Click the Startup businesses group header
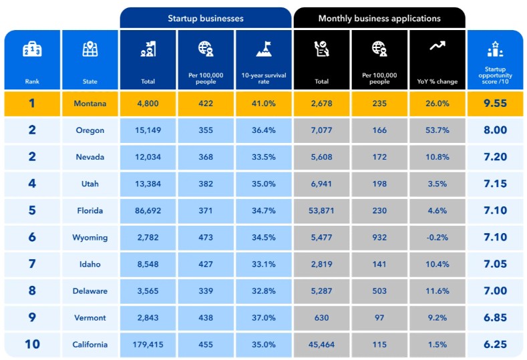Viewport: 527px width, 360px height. point(206,18)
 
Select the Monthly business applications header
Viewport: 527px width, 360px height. point(379,18)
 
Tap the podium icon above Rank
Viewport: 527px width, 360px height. point(32,49)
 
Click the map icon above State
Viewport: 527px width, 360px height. point(90,49)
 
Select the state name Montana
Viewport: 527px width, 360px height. point(90,104)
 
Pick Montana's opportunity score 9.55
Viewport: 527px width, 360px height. point(495,104)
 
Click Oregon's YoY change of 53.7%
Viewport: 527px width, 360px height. point(437,130)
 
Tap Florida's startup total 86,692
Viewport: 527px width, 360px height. point(148,210)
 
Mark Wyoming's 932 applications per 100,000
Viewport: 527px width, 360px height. point(379,237)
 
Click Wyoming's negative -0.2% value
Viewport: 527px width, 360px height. point(437,237)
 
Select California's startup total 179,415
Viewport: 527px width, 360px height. point(148,345)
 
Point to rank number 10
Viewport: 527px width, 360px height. point(32,345)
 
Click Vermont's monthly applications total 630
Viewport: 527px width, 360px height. point(321,318)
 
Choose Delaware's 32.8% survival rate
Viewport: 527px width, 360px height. point(263,291)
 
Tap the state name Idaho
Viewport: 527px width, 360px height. point(90,264)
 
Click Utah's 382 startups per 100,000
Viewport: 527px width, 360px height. point(206,184)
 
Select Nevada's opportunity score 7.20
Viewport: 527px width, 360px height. point(495,157)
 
